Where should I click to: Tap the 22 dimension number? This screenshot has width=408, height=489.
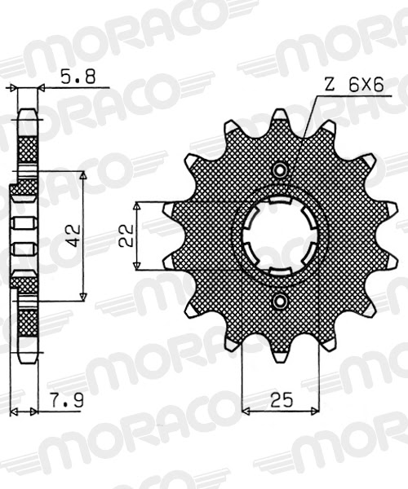pos(125,236)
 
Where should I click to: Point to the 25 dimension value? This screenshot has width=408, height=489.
pos(282,401)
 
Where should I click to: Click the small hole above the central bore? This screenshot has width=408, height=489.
pos(281,170)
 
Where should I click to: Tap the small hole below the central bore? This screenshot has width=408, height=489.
pos(281,302)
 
